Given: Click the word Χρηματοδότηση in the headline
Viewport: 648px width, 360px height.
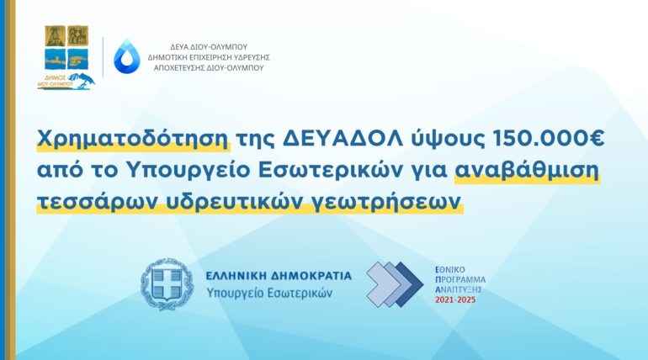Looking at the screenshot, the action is (x=133, y=139).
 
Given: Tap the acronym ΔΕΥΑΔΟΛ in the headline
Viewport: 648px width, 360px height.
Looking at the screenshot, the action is (x=343, y=137).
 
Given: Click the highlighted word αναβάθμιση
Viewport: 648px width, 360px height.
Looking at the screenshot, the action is (x=527, y=169).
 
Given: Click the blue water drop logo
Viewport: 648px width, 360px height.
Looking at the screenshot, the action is (x=127, y=56).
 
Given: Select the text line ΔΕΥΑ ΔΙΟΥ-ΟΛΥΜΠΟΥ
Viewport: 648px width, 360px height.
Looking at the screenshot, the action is (x=209, y=47).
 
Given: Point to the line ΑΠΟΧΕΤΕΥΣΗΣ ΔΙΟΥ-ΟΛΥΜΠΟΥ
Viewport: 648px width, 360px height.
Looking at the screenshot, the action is (x=209, y=68).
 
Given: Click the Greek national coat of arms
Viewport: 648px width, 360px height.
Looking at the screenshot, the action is (x=167, y=284).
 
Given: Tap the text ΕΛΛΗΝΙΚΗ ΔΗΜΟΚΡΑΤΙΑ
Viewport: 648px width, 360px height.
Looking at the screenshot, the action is (x=279, y=275).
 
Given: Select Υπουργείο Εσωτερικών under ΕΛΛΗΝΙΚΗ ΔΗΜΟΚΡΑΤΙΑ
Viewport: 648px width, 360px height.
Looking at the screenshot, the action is (x=269, y=293).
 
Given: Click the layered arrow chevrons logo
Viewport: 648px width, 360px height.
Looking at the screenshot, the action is (x=395, y=284).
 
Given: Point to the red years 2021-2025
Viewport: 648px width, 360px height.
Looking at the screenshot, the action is (x=455, y=299).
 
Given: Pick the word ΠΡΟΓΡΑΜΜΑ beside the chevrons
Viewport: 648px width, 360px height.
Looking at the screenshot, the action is (x=460, y=280).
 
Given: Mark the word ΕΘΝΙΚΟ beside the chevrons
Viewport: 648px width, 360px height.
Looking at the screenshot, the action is (x=450, y=270).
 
